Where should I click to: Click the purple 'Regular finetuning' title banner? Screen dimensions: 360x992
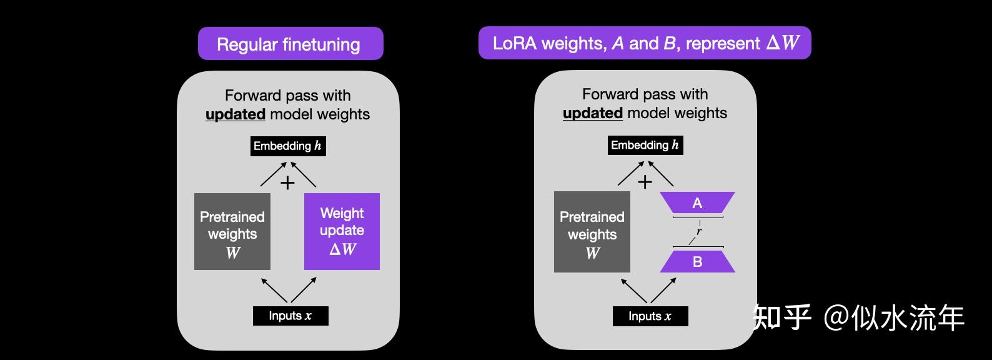coord(290,44)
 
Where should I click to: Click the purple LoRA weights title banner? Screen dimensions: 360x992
coord(644,43)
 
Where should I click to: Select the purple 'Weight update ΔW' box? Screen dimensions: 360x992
coord(342,231)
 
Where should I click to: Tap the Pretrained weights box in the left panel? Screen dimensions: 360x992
coord(232,232)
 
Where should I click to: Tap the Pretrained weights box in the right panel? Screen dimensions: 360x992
coord(592,232)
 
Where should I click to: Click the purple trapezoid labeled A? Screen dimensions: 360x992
coord(697,203)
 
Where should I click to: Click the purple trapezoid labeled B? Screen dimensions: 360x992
coord(697,262)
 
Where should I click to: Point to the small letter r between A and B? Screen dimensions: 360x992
coord(698,231)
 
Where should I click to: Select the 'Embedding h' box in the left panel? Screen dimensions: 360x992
coord(287,146)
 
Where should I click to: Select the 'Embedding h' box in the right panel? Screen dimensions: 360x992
coord(645,145)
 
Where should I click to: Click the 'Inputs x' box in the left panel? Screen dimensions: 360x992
coord(290,316)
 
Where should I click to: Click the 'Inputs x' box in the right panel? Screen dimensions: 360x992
coord(650,316)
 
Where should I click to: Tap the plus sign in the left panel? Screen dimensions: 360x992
coord(287,183)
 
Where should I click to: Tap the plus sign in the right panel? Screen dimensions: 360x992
coord(645,182)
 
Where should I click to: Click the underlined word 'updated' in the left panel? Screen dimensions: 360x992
coord(236,114)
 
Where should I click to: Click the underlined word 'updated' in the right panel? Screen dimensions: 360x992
coord(592,113)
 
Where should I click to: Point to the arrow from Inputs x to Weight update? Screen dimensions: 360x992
coord(304,291)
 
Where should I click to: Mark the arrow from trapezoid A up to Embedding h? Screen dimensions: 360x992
coord(660,174)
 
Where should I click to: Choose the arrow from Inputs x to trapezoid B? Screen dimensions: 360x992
coord(663,291)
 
